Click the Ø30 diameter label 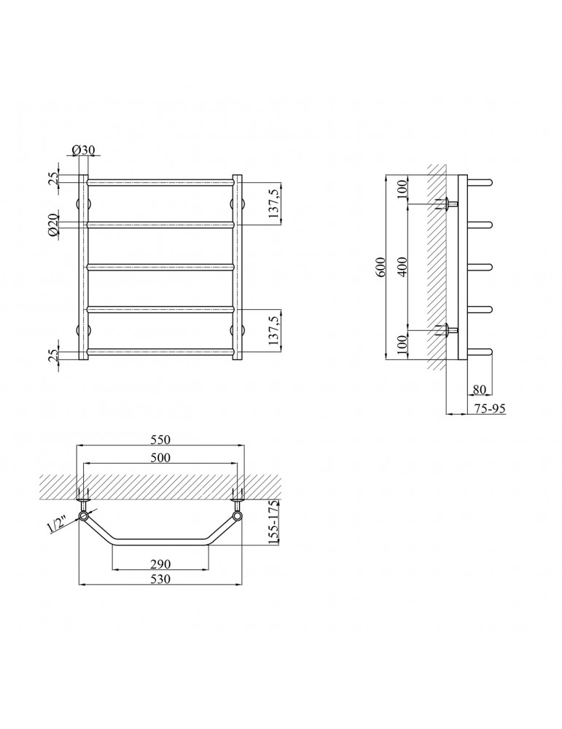[84, 149]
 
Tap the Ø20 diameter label [53, 225]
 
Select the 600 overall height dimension [380, 267]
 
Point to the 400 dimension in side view [403, 267]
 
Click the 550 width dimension [160, 440]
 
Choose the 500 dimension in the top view [160, 458]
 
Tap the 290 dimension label [160, 564]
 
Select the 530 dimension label [160, 579]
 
